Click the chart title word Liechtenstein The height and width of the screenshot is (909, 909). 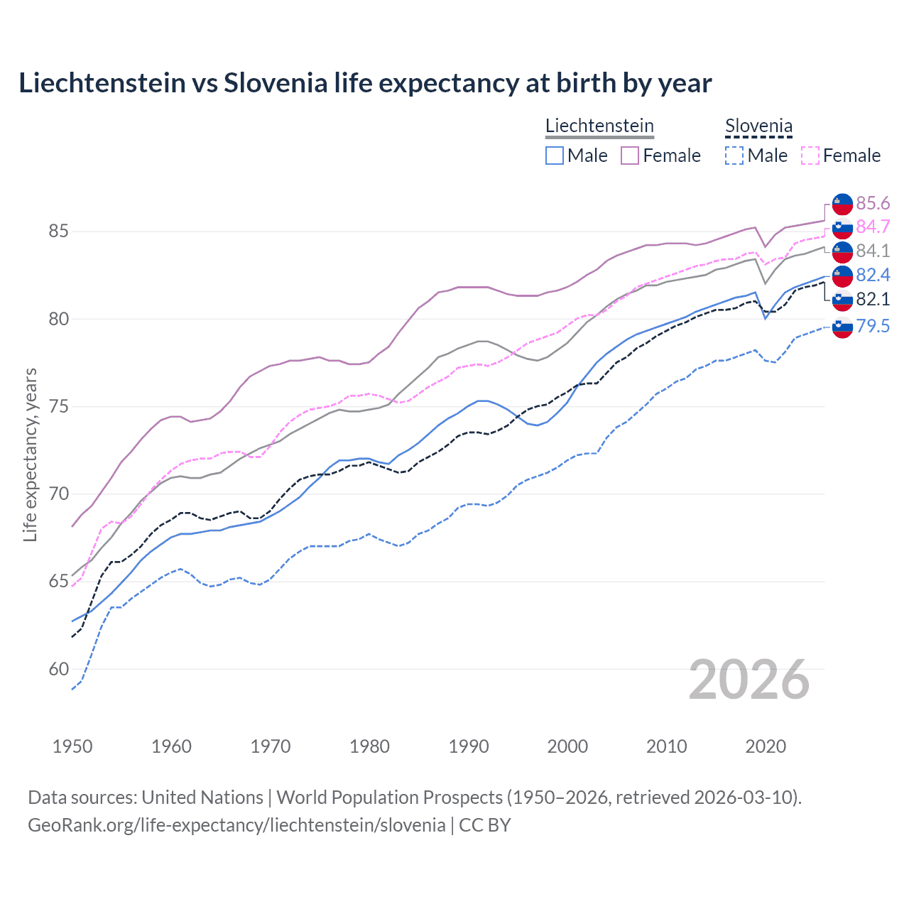point(102,83)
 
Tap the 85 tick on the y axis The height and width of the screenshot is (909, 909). point(59,232)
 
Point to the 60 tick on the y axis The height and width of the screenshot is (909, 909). point(59,669)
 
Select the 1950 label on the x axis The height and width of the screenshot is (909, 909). point(72,746)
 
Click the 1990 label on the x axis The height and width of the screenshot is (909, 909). point(469,746)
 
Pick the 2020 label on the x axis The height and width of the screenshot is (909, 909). point(766,746)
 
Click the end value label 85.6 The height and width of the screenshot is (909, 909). point(873,204)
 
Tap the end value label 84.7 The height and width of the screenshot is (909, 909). point(873,227)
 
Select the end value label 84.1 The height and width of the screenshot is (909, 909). point(873,251)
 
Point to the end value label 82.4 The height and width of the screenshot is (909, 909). point(873,276)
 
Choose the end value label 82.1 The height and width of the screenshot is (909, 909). point(873,300)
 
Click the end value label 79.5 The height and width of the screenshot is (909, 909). point(873,327)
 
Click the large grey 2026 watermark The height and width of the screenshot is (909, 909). point(749,680)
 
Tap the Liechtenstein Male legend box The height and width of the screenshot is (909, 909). point(555,156)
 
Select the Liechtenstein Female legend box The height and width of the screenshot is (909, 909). point(630,156)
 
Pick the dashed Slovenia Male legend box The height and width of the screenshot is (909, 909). point(734,156)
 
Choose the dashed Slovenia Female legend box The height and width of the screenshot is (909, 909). point(810,156)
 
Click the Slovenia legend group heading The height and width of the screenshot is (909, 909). point(758,126)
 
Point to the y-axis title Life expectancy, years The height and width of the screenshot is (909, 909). point(31,454)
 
